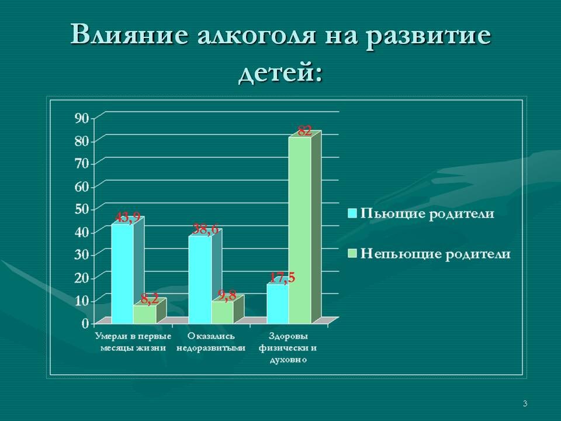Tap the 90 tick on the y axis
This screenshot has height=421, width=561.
(x=81, y=118)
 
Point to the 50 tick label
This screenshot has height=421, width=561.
(x=81, y=209)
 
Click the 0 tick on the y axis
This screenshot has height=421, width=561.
(x=85, y=322)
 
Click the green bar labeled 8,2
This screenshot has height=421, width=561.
(x=144, y=314)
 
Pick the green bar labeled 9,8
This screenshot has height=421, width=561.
(x=222, y=312)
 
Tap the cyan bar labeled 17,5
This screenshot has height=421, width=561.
(x=277, y=303)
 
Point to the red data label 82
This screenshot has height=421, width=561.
(x=304, y=132)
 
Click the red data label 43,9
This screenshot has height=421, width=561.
(x=127, y=218)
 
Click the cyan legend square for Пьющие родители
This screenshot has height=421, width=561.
(x=352, y=213)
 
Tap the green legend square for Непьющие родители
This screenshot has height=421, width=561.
(x=352, y=254)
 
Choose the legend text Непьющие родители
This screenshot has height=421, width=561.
(x=435, y=254)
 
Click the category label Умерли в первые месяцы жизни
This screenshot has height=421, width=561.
(x=133, y=342)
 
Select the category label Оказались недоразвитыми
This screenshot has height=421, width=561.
(x=212, y=342)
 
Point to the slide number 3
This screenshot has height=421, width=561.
(x=525, y=403)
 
